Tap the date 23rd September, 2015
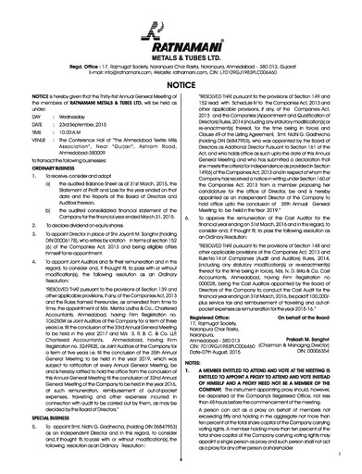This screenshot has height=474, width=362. pyautogui.click(x=91, y=125)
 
